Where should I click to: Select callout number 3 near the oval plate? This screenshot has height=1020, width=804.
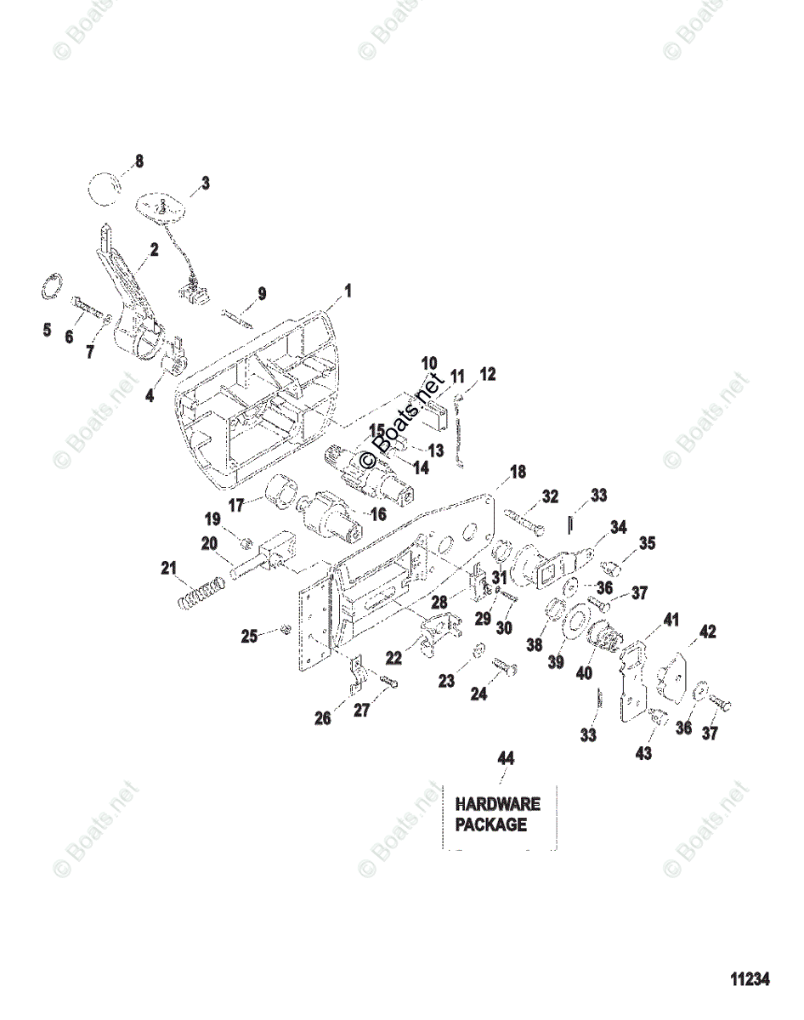pos(205,183)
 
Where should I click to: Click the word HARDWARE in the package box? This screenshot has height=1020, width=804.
pos(498,803)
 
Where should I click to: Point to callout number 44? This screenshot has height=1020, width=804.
pos(506,758)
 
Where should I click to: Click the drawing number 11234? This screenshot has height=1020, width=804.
pos(748,979)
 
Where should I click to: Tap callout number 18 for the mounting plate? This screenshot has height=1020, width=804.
pos(518,473)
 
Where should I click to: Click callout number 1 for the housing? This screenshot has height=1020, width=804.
pos(347,292)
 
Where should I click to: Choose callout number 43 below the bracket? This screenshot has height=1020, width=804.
pos(643,752)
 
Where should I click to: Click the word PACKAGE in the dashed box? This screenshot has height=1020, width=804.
pos(491,824)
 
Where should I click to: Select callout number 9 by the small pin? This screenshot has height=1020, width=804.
pos(262,295)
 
